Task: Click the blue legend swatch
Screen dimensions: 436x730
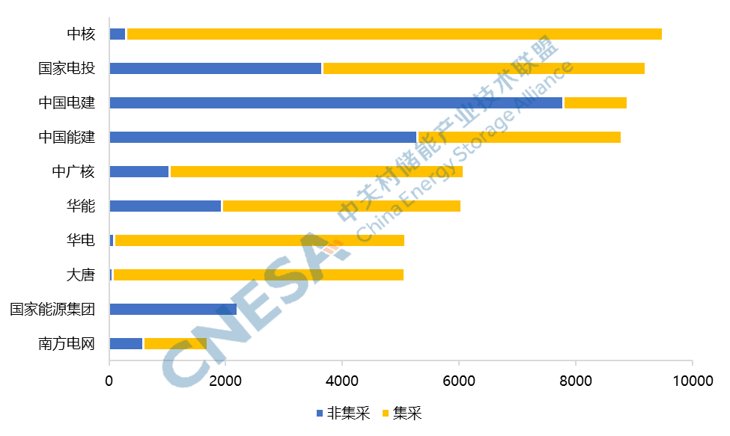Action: [x=320, y=413]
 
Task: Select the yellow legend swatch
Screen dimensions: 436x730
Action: [x=386, y=413]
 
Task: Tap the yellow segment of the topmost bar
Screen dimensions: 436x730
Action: [x=395, y=34]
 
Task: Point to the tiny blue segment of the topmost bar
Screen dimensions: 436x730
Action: [x=118, y=34]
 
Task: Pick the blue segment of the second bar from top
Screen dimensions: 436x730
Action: [x=216, y=69]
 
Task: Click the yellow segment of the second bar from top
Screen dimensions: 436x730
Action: [x=484, y=69]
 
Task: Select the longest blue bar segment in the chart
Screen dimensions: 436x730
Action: [x=336, y=103]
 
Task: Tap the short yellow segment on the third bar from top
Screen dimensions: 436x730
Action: [x=595, y=103]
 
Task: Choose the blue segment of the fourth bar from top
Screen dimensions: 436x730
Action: [x=263, y=138]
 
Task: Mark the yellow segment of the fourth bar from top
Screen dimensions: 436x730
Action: [x=520, y=138]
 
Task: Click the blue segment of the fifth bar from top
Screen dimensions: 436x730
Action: [x=139, y=172]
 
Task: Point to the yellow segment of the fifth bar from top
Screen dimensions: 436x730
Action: [x=317, y=172]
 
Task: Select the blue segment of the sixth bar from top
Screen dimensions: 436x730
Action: [x=165, y=206]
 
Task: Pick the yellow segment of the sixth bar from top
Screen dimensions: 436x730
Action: [x=341, y=206]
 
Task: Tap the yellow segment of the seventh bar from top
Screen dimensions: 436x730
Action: [x=260, y=241]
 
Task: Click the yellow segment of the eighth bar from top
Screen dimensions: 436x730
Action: [x=258, y=275]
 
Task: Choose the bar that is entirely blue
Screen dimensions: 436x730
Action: [x=173, y=310]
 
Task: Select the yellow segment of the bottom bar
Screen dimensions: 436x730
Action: [x=175, y=344]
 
